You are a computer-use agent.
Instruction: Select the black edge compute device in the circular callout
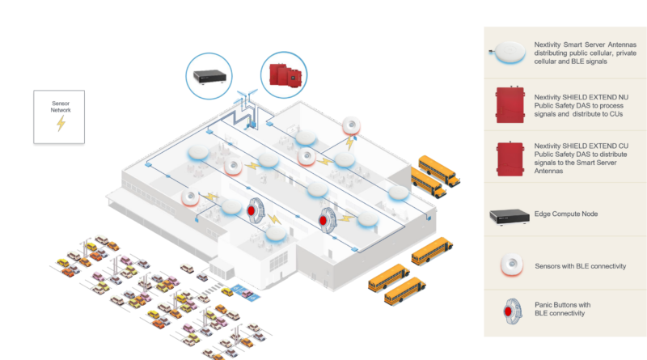(x=210, y=76)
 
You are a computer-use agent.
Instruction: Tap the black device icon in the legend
(x=508, y=217)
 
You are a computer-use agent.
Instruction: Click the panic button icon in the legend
(x=508, y=311)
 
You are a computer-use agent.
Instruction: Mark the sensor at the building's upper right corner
(x=351, y=125)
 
